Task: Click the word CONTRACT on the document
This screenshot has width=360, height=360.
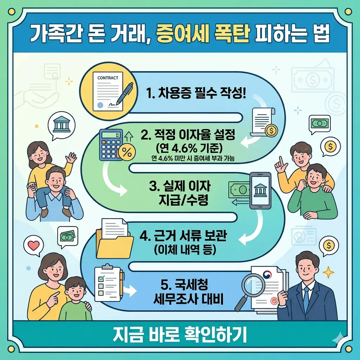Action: tap(108, 78)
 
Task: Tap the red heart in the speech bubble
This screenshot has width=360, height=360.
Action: tap(34, 246)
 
